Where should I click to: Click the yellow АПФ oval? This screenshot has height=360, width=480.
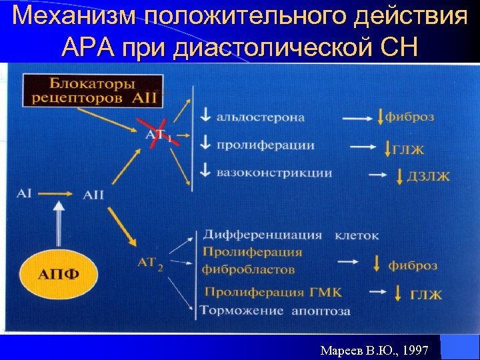[x=59, y=275]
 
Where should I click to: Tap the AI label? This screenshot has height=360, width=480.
[x=25, y=193]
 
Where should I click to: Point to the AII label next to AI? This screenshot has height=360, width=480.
[x=93, y=195]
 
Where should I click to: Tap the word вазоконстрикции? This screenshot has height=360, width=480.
[x=274, y=173]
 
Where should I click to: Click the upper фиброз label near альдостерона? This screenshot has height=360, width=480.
[x=409, y=117]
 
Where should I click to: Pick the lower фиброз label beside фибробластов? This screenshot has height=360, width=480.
[x=413, y=265]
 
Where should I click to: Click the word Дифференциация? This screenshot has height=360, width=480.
[x=262, y=235]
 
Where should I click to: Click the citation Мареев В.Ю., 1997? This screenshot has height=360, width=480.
[x=374, y=349]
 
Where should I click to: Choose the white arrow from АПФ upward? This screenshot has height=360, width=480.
[x=59, y=227]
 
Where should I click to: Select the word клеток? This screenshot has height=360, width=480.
[x=357, y=235]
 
